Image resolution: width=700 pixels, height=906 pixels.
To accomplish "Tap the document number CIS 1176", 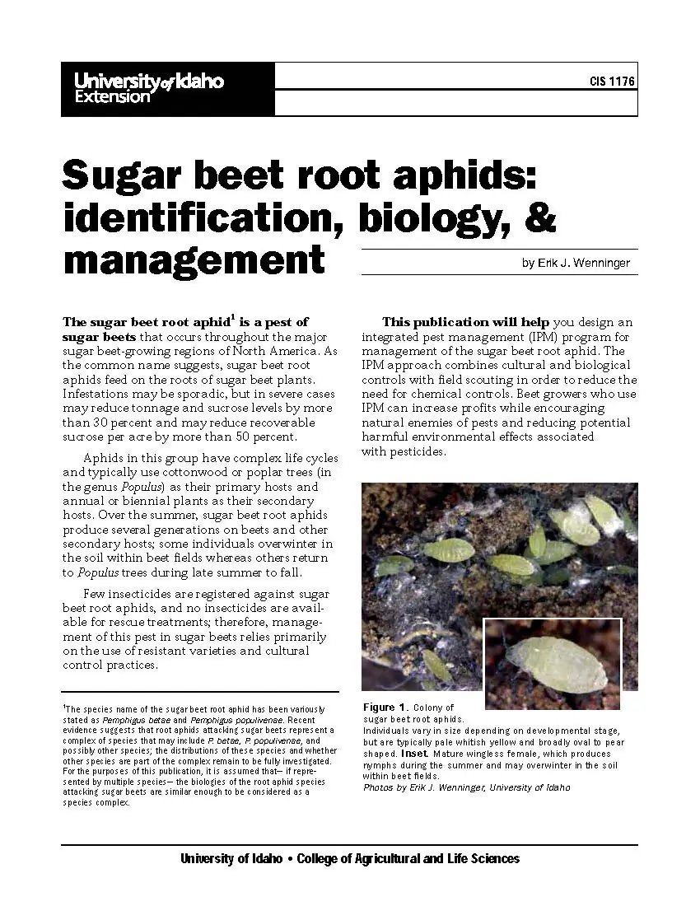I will point(613,82).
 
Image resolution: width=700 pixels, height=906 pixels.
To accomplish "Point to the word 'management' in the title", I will point(194,259).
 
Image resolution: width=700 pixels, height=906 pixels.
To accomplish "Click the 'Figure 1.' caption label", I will point(385,707).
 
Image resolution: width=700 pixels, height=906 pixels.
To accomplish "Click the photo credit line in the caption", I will point(466,787).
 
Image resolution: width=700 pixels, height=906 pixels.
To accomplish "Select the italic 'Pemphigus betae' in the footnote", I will point(129,719).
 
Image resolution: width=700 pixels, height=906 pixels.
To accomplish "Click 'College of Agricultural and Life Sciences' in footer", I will point(408,858).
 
